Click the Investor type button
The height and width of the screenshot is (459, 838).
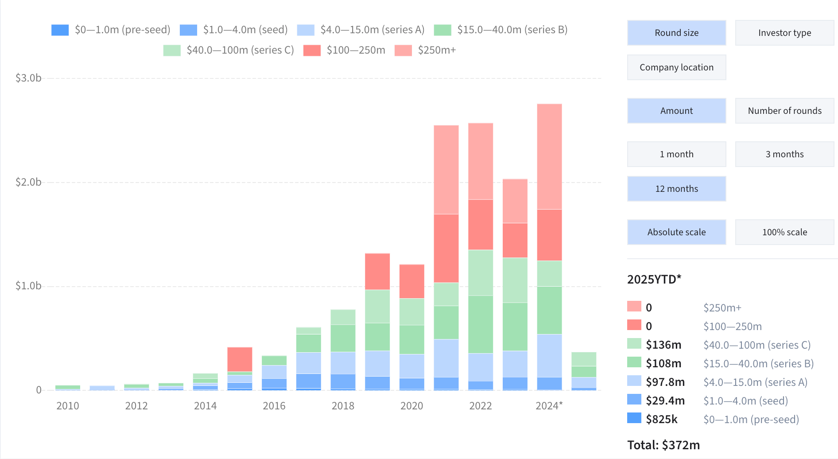click(x=784, y=33)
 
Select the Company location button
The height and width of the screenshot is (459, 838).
click(x=676, y=67)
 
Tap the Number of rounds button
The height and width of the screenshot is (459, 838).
click(x=784, y=111)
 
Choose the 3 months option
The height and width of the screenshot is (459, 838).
click(x=784, y=154)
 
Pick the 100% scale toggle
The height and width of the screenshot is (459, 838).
click(x=784, y=232)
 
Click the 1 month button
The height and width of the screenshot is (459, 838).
click(x=676, y=154)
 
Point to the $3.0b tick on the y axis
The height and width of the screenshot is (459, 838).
click(x=28, y=78)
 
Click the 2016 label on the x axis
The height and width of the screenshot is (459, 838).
click(x=274, y=406)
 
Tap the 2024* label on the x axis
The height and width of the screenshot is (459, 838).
click(x=549, y=406)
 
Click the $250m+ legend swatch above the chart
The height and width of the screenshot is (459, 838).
click(x=403, y=51)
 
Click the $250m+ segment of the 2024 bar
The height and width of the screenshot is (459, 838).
click(x=549, y=156)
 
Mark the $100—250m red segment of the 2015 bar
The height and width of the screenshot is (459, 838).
click(x=240, y=359)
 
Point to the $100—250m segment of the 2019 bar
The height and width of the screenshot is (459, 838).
click(x=377, y=272)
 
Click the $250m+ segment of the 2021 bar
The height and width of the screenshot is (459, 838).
click(x=446, y=170)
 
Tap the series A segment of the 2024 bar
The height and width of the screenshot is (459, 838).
click(x=549, y=356)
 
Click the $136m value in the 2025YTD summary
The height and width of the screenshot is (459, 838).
click(x=663, y=345)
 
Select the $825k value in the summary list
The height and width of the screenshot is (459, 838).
click(x=662, y=420)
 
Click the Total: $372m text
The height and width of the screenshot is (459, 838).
click(x=663, y=445)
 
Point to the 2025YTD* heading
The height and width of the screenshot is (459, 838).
click(x=654, y=280)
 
